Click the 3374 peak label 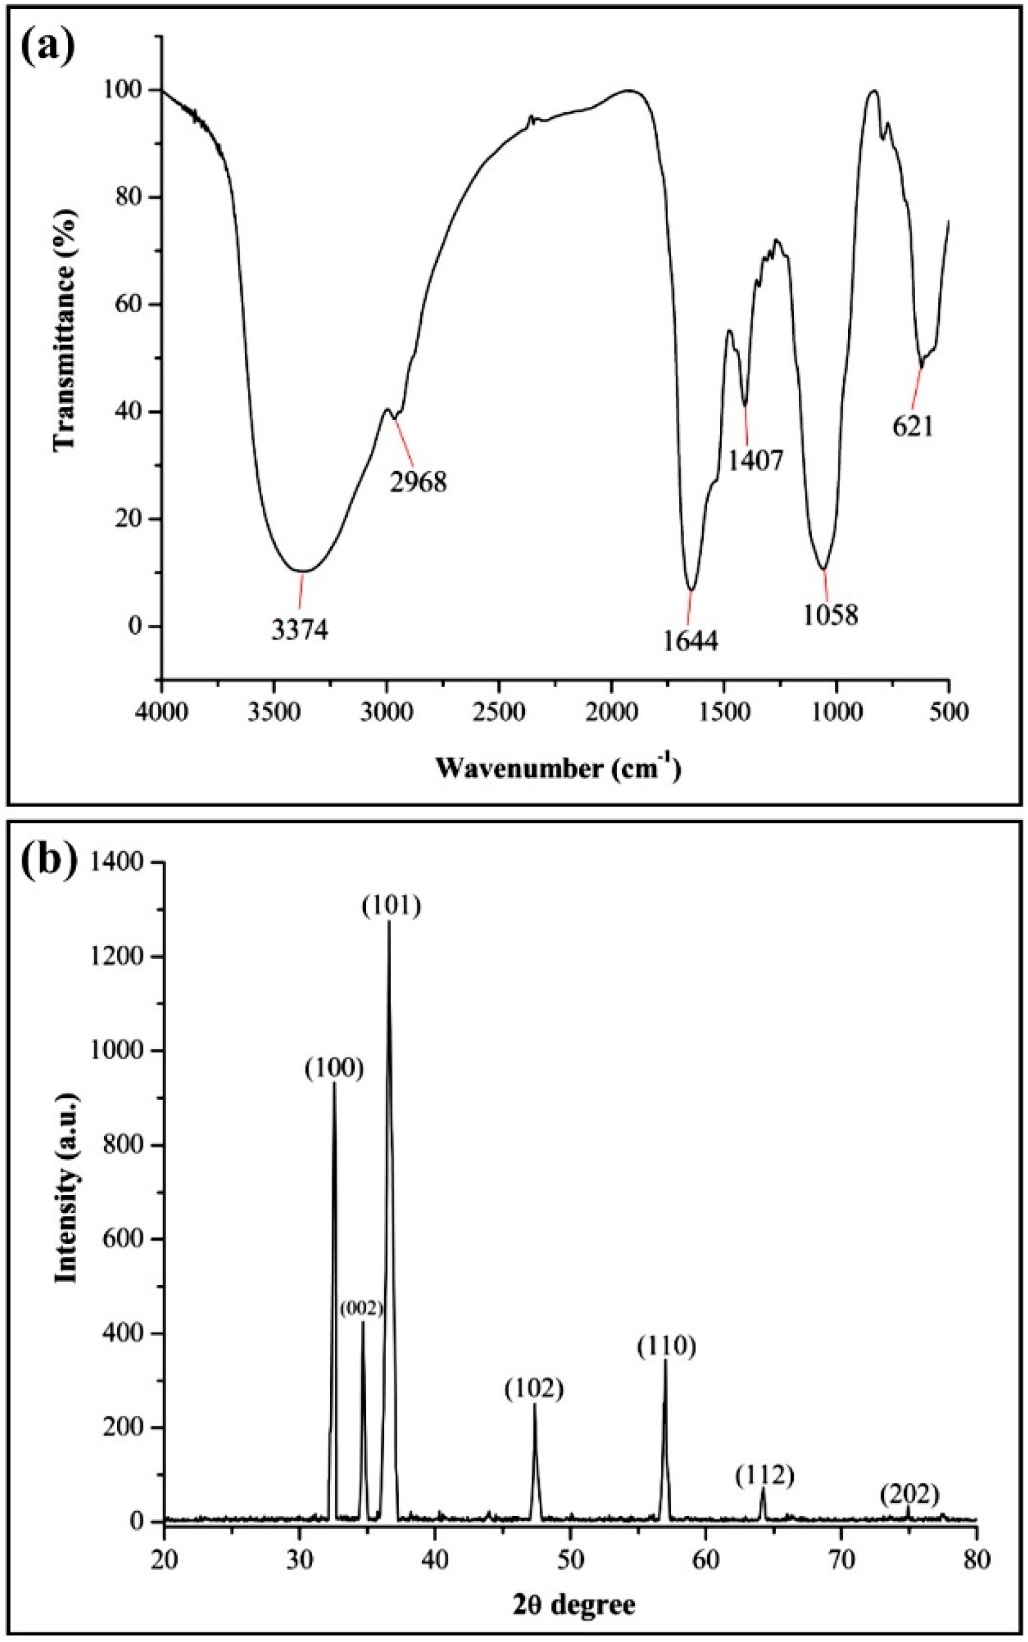point(300,630)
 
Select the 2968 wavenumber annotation point(418,482)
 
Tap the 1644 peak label point(690,641)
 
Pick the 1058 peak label point(831,615)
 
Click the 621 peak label point(913,429)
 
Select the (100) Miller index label point(334,1069)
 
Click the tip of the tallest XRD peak point(389,922)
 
